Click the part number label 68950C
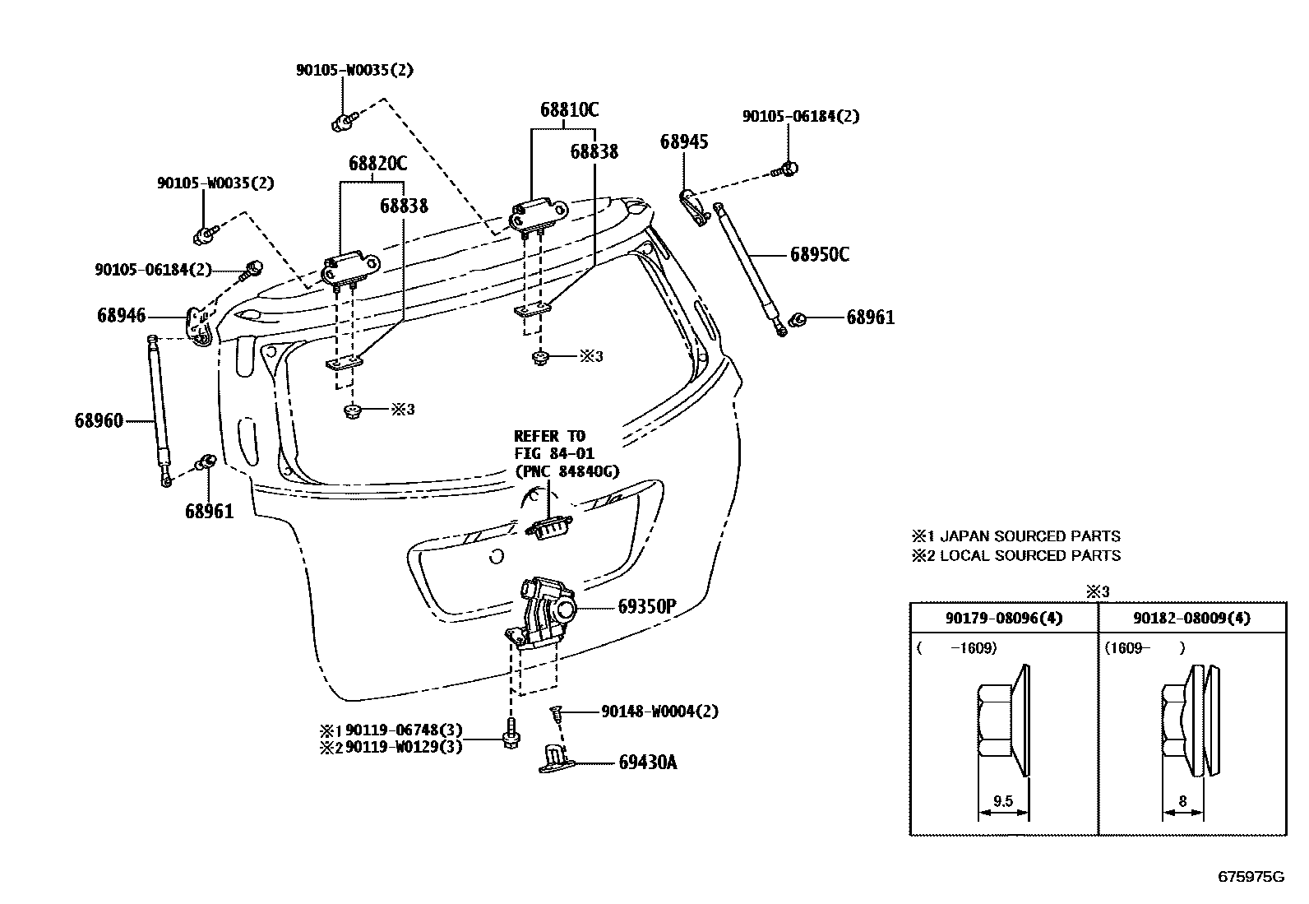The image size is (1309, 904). point(819,254)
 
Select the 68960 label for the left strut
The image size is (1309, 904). point(98,420)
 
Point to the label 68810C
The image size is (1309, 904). point(569,109)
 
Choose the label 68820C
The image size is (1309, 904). point(377,164)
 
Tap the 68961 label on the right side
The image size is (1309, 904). point(870,318)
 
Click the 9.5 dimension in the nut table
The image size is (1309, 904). point(1001,800)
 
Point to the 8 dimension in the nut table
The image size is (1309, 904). point(1182,800)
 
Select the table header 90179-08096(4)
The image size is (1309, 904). point(1004,618)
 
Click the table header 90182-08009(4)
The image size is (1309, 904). point(1191,618)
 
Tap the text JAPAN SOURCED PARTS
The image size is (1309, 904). point(1029,536)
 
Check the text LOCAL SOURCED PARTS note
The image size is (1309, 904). point(1029,555)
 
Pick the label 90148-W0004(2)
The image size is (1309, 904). point(659,711)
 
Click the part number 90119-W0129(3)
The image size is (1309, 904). point(404,746)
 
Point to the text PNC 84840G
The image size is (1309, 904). point(567,471)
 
